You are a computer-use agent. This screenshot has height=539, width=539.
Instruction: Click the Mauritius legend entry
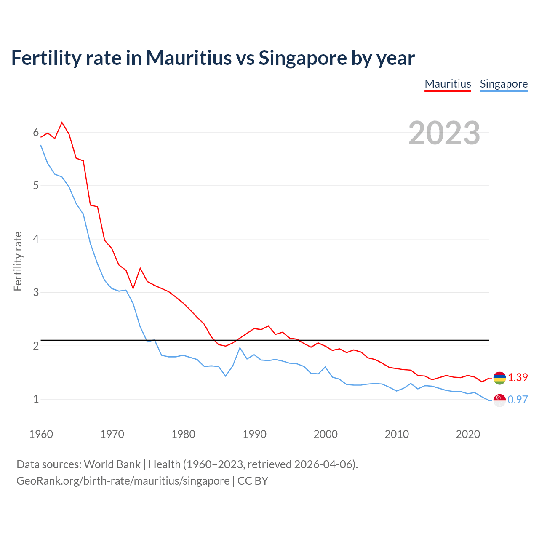448,84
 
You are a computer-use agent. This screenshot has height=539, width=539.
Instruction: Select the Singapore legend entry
504,84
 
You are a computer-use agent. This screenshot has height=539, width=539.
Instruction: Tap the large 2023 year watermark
444,133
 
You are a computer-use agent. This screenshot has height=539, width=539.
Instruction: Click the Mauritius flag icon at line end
499,378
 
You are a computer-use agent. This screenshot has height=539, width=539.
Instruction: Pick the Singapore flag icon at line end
499,400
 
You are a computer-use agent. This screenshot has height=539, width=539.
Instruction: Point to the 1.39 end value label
518,377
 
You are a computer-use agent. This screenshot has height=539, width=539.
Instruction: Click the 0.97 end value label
518,400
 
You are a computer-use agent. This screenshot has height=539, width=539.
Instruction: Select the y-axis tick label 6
36,133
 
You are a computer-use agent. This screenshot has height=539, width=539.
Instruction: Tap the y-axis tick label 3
36,292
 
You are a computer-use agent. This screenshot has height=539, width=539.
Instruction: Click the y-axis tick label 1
36,399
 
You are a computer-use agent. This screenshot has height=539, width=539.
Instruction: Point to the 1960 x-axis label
41,434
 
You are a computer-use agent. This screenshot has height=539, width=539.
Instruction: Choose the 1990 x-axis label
254,434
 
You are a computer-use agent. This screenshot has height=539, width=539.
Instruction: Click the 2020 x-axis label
468,434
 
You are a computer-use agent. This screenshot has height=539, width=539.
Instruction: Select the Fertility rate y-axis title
18,261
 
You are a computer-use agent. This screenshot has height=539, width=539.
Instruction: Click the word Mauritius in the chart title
189,58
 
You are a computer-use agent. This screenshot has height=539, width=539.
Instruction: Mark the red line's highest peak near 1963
62,123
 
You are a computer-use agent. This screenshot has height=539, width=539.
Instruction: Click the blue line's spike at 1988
240,348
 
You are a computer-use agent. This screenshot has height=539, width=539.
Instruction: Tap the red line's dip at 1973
133,288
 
